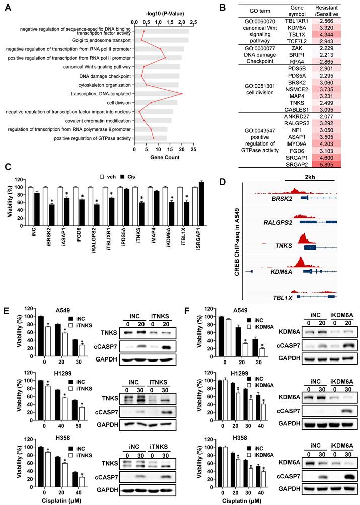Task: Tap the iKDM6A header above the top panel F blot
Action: coord(329,315)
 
